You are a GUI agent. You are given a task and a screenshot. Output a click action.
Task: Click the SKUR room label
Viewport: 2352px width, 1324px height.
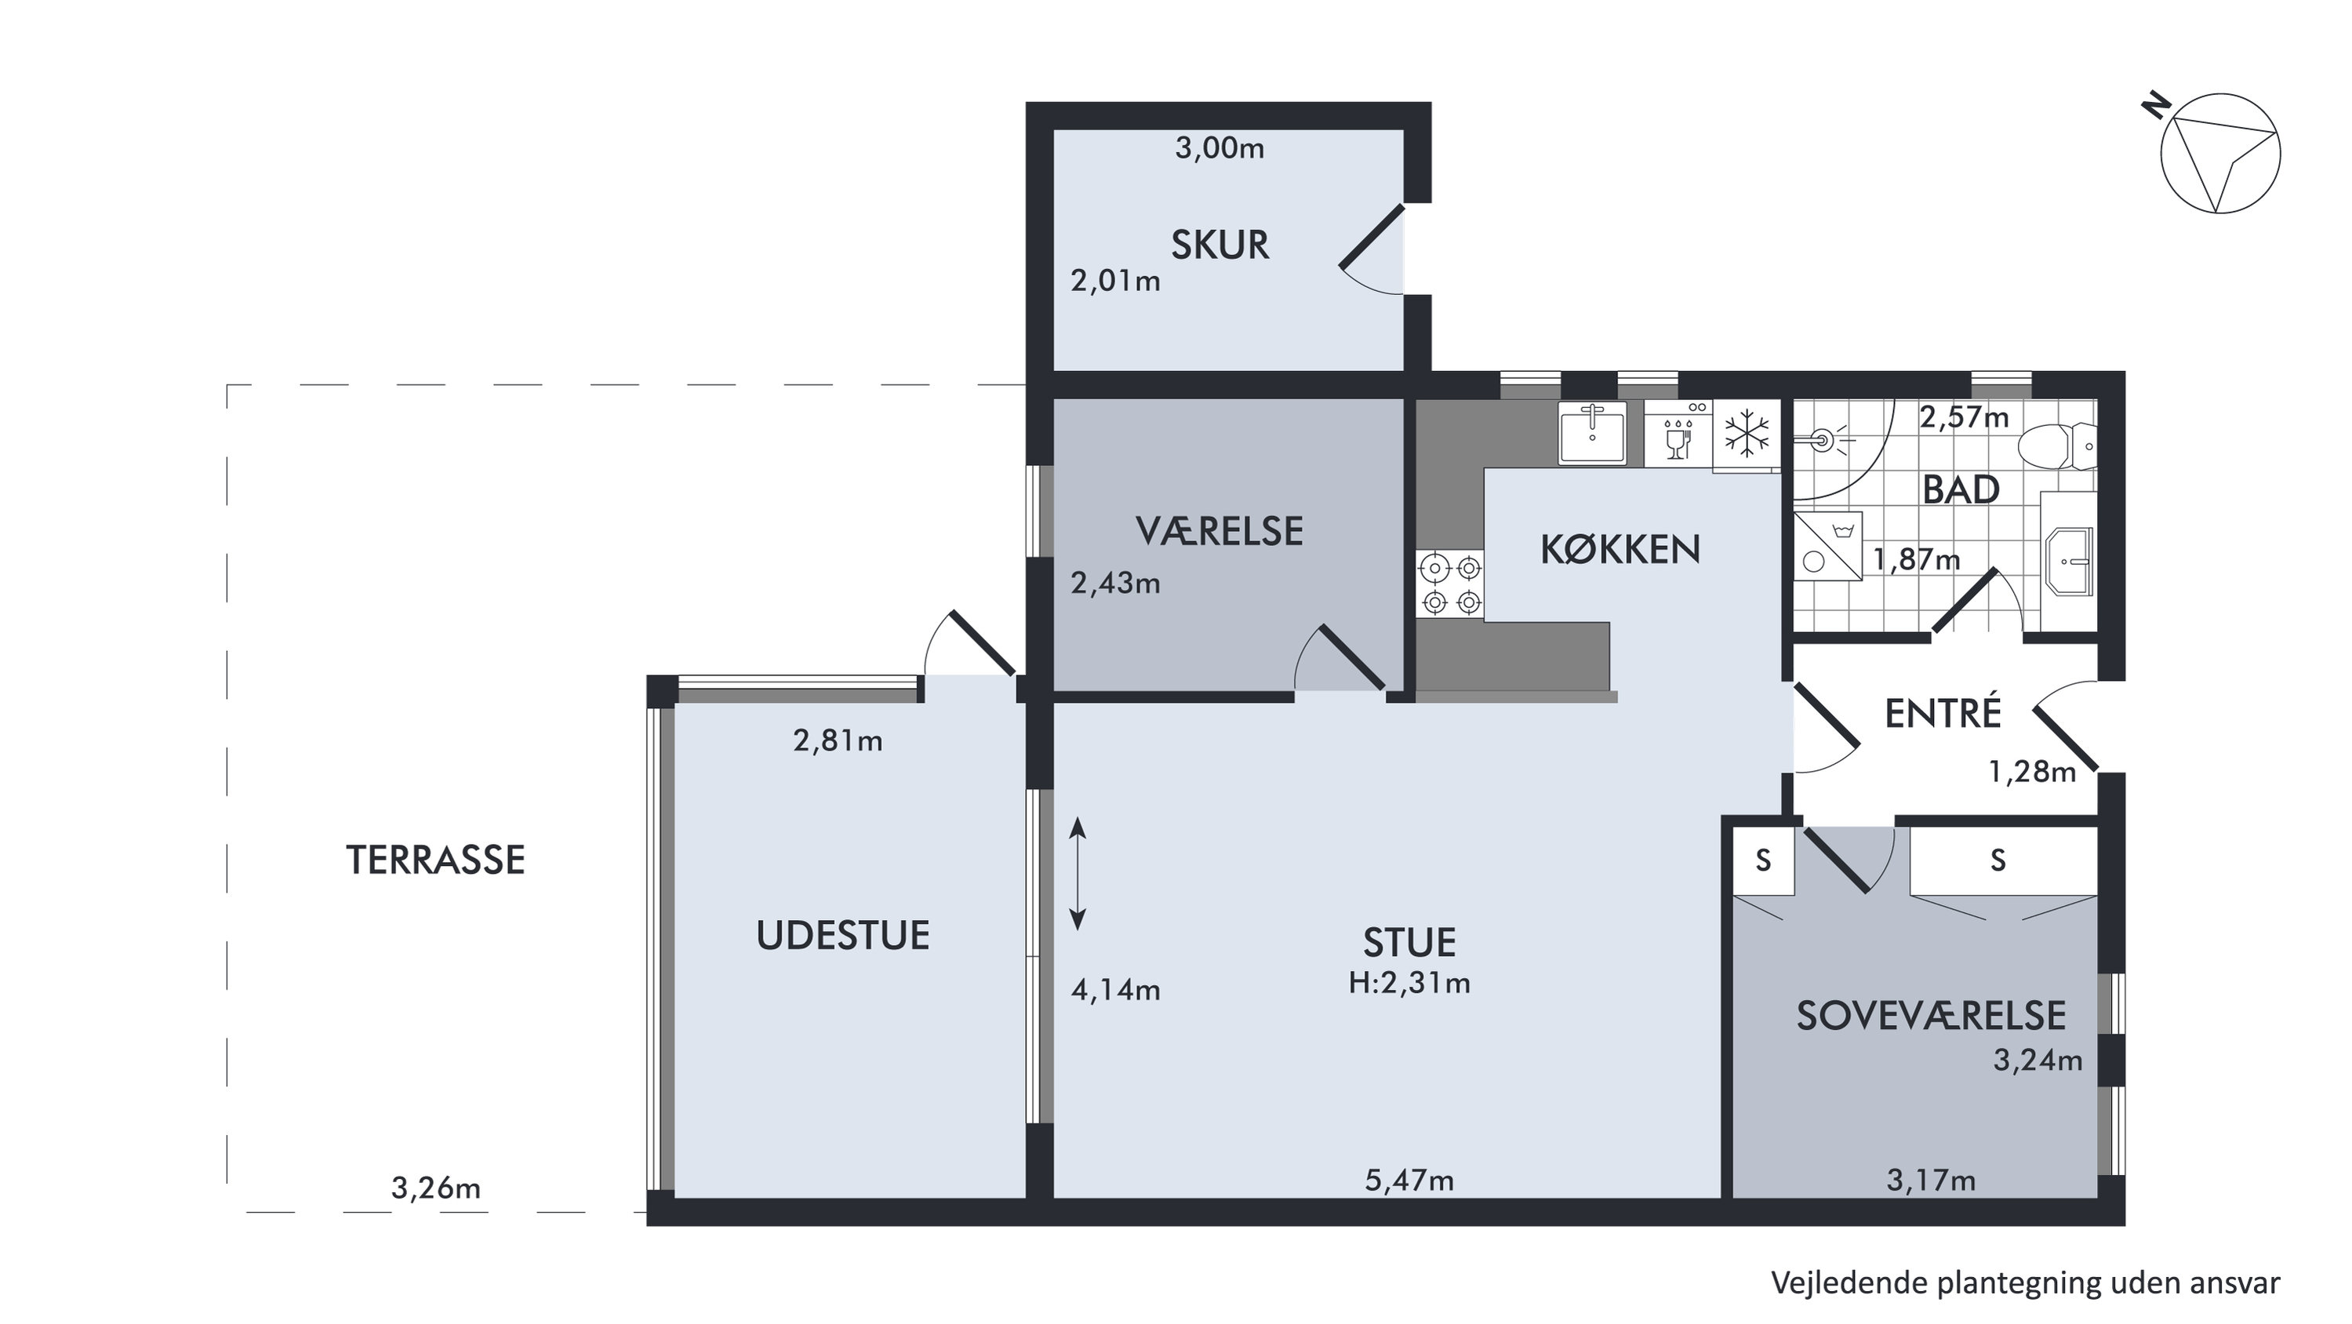1220,245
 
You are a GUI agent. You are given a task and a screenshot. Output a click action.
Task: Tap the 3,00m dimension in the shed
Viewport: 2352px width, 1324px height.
1220,148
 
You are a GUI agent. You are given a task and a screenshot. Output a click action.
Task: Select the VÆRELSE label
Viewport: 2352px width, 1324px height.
1220,532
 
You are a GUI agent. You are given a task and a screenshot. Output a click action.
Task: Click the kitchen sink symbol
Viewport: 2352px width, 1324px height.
1592,435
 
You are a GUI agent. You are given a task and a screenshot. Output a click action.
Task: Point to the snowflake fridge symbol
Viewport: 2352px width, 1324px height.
1747,434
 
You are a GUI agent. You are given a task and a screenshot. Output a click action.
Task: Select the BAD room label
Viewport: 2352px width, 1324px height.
1961,490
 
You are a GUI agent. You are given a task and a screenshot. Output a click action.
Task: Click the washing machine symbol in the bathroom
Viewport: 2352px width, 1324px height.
1828,547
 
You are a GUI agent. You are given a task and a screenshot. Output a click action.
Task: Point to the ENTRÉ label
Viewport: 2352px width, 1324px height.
1943,713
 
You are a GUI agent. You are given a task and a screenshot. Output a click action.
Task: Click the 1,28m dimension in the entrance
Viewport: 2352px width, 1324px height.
2033,773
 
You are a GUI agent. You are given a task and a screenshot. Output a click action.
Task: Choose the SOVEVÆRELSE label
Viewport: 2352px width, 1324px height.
1931,1016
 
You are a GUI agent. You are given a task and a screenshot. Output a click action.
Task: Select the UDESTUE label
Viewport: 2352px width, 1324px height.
843,936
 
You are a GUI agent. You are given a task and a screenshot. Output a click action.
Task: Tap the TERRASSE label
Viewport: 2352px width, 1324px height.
435,860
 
